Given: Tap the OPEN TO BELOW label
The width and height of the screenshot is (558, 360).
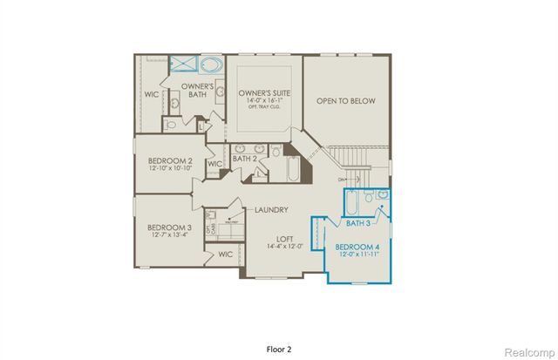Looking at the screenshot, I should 345,101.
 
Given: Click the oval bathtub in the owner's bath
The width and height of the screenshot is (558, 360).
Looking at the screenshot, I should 212,64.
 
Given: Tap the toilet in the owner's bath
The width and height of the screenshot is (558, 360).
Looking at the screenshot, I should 171,125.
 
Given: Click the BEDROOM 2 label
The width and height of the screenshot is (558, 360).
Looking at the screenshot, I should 172,161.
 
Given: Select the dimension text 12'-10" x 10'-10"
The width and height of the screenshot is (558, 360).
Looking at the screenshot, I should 172,171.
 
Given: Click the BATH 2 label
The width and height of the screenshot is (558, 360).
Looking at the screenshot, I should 244,159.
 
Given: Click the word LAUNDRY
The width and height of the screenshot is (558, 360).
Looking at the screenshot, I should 271,210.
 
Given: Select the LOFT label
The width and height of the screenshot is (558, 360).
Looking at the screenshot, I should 283,237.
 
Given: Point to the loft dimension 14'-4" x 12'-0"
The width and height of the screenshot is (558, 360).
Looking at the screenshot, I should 283,247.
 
